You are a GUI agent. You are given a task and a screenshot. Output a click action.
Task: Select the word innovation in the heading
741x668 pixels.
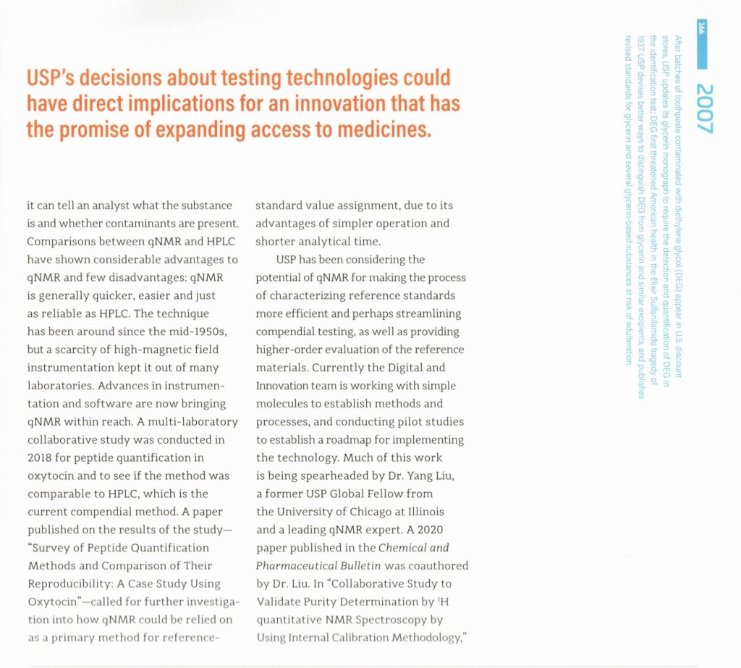342,103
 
